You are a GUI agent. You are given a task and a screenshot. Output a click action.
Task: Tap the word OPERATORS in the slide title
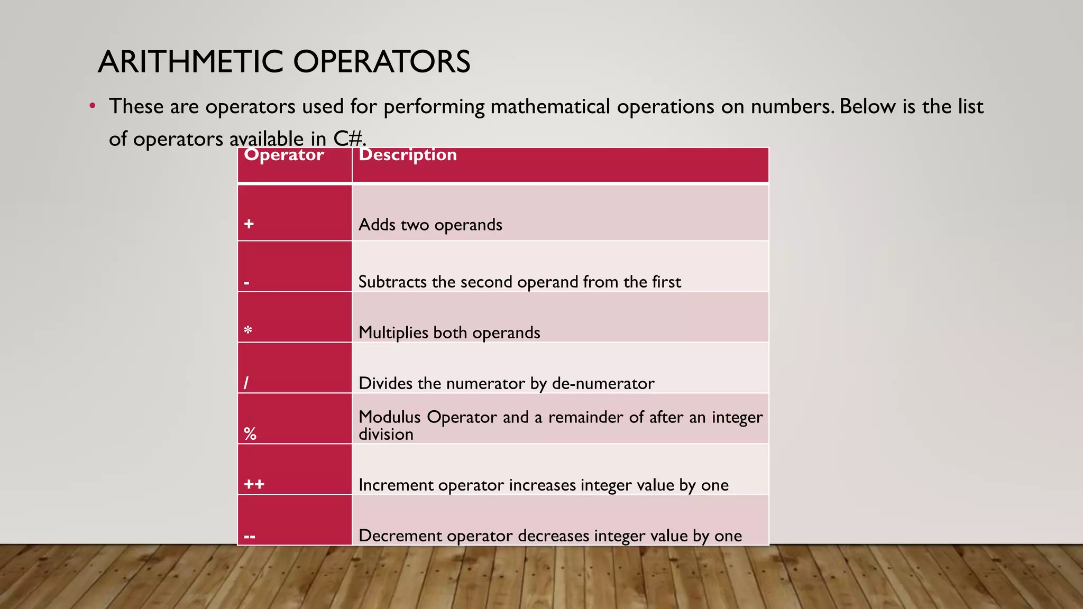(x=381, y=62)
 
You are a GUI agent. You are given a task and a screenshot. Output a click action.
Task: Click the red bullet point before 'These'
(x=93, y=106)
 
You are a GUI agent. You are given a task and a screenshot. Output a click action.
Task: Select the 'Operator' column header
(x=284, y=155)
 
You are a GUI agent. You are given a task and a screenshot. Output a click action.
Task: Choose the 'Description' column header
(x=408, y=155)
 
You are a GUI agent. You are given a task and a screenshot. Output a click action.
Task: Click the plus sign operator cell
(x=249, y=224)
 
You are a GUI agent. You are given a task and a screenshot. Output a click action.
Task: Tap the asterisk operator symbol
(x=248, y=331)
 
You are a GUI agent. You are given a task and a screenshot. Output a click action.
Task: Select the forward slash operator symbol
(x=246, y=383)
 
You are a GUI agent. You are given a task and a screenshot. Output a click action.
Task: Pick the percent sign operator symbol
(x=250, y=434)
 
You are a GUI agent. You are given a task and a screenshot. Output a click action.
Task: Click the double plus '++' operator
(x=254, y=484)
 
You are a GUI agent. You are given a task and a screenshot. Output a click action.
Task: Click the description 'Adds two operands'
(x=430, y=225)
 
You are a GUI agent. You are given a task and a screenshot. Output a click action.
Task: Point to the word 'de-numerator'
(x=603, y=383)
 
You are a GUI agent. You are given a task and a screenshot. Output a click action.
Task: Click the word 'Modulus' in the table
(x=390, y=417)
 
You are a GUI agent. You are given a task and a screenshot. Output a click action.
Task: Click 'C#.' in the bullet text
(x=350, y=139)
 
